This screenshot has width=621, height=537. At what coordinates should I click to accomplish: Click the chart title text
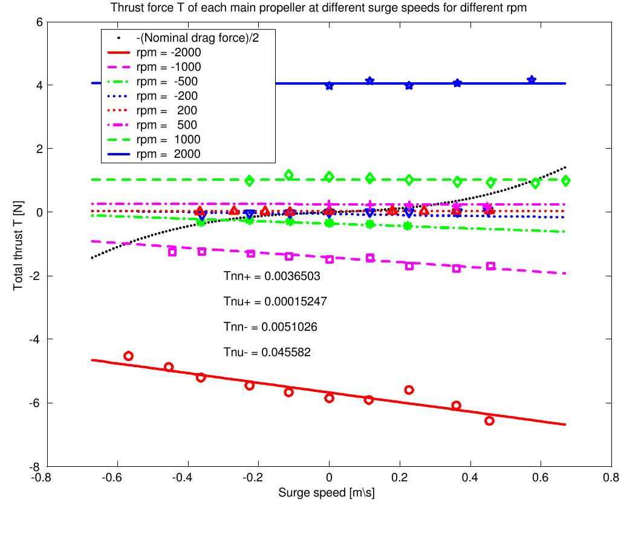coord(314,8)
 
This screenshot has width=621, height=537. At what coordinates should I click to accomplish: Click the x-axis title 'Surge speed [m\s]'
coord(327,493)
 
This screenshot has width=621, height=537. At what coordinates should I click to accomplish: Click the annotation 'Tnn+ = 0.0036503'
coord(271,276)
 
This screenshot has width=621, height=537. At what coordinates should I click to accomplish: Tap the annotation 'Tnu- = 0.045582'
coord(267,352)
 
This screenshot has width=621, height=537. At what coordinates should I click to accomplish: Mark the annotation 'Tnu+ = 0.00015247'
coord(275,301)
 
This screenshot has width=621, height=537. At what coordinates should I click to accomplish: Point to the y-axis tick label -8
coord(36,467)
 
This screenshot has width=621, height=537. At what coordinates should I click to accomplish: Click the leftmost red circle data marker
coord(128,356)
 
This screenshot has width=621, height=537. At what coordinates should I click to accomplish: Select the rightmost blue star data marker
coord(532,80)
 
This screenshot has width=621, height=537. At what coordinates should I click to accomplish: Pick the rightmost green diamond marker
coord(566,181)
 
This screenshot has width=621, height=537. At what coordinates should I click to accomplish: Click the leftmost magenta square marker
coord(172,252)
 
